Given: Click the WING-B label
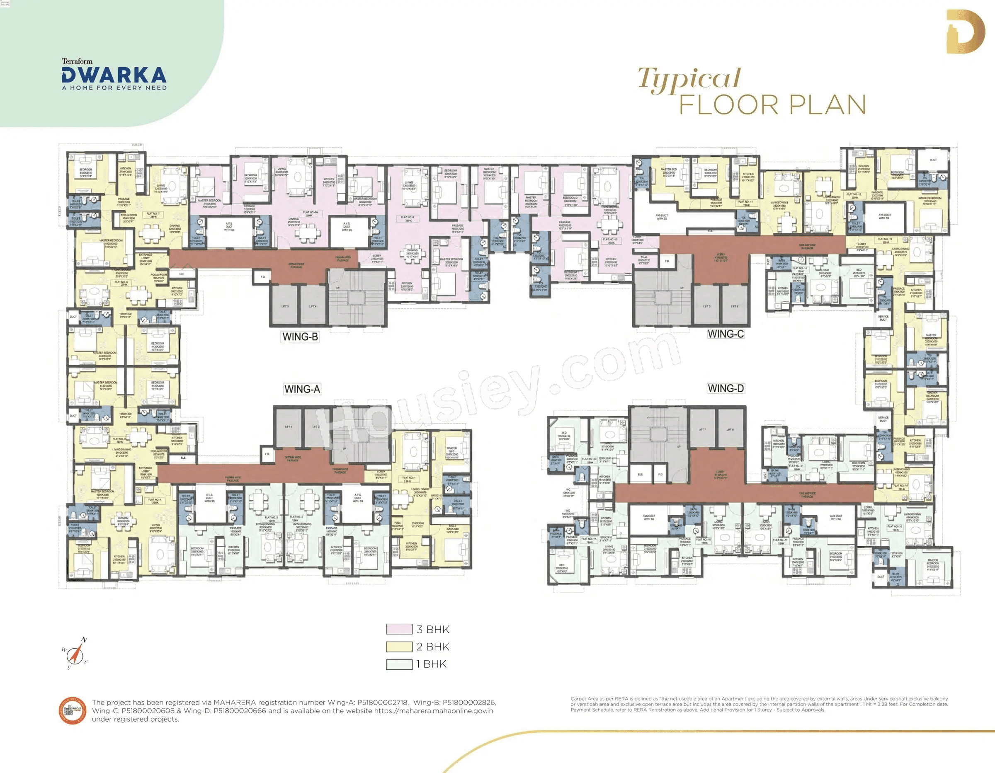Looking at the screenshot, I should (x=300, y=337).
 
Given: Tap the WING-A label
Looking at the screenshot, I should (x=302, y=389).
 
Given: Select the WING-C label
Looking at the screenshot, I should (x=725, y=334).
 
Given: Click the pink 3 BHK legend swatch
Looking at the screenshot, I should (x=399, y=629).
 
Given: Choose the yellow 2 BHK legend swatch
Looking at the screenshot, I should (x=399, y=646).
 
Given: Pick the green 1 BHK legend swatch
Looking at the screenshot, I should (x=399, y=664).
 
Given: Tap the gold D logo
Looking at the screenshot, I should (x=964, y=32).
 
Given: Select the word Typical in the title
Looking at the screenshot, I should (x=689, y=79).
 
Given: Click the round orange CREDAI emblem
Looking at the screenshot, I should (x=73, y=710).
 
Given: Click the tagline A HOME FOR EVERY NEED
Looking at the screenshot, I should (x=114, y=87).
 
